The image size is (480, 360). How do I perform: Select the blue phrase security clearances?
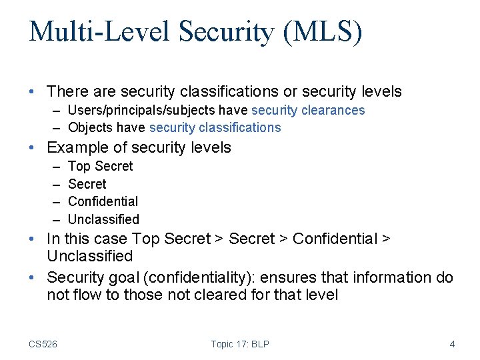[308, 110]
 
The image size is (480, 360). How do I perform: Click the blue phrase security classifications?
[215, 127]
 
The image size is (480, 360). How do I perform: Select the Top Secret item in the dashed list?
[101, 166]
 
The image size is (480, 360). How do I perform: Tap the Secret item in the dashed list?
[87, 184]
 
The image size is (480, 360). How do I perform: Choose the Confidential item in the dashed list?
[103, 201]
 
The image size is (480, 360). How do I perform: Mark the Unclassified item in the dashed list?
[104, 219]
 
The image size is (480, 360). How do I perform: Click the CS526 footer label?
[43, 344]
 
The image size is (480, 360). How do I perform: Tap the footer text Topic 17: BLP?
[240, 344]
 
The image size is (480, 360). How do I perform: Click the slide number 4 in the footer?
[452, 344]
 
